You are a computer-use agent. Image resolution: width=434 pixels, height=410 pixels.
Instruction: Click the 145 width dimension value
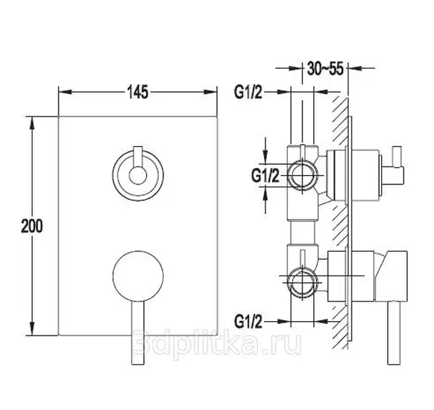click(137, 92)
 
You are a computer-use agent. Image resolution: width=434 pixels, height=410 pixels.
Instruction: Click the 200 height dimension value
click(32, 226)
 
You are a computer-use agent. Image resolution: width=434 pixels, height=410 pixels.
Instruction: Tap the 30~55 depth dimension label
click(325, 68)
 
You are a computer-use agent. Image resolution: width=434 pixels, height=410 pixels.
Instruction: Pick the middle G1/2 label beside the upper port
click(265, 176)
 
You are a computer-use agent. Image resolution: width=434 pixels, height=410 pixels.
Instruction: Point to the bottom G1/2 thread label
click(248, 322)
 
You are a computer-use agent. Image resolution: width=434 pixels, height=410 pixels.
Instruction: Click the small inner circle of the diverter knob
click(138, 176)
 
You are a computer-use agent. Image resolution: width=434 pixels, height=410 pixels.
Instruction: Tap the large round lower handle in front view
click(138, 276)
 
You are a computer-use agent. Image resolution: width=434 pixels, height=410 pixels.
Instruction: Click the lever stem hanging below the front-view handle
click(138, 333)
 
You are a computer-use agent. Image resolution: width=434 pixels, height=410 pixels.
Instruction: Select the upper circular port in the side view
click(302, 175)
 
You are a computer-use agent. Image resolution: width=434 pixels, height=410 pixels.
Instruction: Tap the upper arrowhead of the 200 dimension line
click(33, 124)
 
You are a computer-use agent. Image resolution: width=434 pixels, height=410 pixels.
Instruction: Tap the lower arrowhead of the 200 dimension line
click(33, 329)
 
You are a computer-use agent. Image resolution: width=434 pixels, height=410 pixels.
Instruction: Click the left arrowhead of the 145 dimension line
click(65, 93)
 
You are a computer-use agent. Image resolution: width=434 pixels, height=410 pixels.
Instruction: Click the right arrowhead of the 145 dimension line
click(210, 93)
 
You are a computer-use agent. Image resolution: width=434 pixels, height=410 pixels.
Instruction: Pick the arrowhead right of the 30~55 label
click(355, 67)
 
